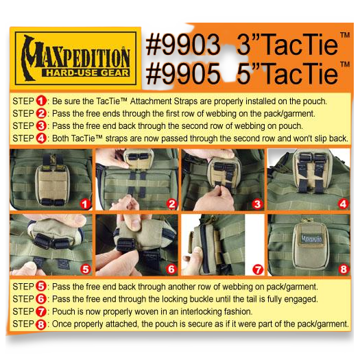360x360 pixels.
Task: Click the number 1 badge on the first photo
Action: click(84, 203)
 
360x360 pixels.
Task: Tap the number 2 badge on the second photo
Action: click(171, 204)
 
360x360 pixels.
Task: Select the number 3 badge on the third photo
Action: click(257, 204)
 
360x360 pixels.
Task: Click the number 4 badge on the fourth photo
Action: click(342, 204)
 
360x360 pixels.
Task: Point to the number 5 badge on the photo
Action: click(84, 269)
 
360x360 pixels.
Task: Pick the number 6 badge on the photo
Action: click(171, 269)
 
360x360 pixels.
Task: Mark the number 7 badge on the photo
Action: click(257, 269)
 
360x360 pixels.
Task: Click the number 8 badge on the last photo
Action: click(342, 269)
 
